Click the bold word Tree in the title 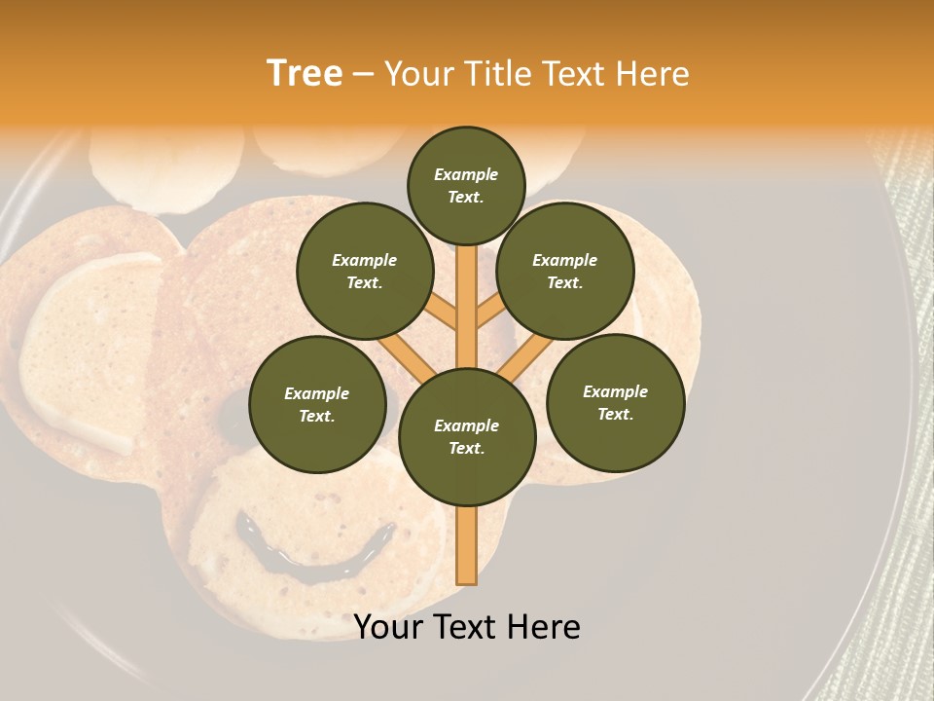coord(304,74)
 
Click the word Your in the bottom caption coord(389,627)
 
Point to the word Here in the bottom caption coord(543,627)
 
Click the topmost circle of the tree coord(466,185)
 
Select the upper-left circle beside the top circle coord(365,272)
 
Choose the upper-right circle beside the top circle coord(565,272)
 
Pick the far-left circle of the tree coord(317,405)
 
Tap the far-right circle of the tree coord(615,402)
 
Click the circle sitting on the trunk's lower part coord(467,436)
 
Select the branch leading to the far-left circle coord(405,355)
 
